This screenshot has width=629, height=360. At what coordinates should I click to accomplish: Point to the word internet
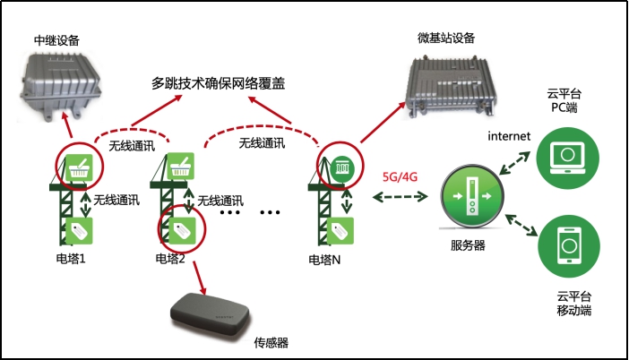(509, 136)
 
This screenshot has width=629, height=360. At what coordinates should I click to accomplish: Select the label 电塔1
(73, 260)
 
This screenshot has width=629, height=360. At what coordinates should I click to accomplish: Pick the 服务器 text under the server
(469, 244)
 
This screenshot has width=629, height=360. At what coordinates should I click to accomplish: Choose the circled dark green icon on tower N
(341, 167)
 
